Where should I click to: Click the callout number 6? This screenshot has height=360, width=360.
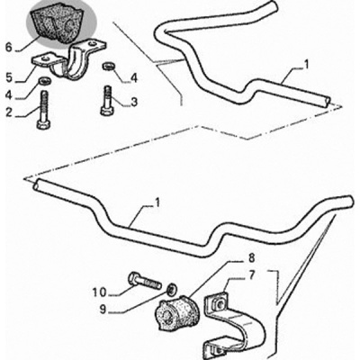coord(9,47)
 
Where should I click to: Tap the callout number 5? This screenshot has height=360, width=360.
coord(9,77)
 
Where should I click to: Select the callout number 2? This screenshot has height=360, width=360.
coord(9,112)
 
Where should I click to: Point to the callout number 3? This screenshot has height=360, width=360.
coord(134,102)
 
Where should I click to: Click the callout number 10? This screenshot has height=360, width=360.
coord(99,292)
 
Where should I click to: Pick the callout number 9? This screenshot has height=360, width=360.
coord(103,310)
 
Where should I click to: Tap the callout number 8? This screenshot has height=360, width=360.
coord(251,257)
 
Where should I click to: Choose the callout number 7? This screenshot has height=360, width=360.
coord(251,274)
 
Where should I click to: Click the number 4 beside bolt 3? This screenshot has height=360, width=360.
coord(134,78)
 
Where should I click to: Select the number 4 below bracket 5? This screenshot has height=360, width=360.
coord(9,95)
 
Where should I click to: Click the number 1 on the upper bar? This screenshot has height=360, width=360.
coord(306,65)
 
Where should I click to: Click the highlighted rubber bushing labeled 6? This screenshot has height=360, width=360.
coord(58,24)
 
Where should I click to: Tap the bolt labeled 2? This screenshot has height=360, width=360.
coord(44,110)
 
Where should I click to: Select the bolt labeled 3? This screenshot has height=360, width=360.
coord(107,101)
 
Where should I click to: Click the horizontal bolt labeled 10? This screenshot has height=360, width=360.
coord(145,281)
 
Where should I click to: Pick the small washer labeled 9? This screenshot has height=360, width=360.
coord(172,289)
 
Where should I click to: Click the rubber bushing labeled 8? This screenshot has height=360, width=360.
coord(175,312)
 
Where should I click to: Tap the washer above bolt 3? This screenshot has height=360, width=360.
coord(108,66)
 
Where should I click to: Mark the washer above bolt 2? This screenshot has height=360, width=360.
coord(45,81)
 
